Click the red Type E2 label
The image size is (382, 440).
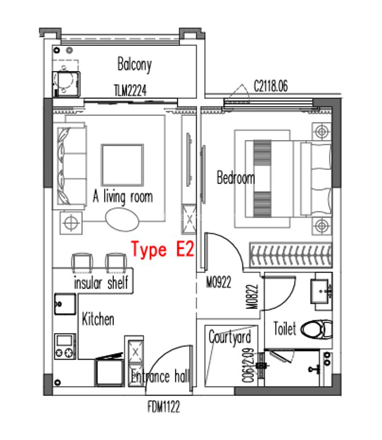162,250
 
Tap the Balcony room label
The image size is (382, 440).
134,65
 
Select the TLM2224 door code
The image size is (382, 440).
130,90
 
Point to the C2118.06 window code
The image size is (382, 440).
270,87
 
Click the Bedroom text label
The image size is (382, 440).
235,177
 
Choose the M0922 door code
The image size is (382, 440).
218,282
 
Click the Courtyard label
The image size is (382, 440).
230,337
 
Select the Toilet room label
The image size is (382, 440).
284,329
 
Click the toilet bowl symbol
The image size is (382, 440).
316,329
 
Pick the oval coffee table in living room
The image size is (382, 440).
122,219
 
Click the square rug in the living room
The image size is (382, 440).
122,165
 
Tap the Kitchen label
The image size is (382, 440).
98,320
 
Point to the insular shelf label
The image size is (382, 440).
101,283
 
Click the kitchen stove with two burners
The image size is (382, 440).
64,347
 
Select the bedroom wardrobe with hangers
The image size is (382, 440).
291,254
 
